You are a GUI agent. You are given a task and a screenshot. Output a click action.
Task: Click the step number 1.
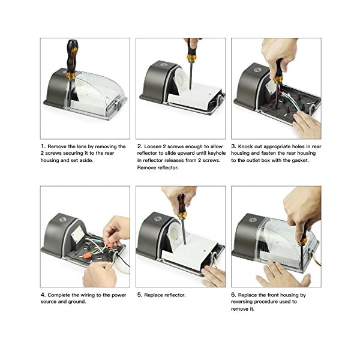tap(43, 146)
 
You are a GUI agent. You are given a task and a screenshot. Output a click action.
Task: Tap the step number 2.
tap(140, 146)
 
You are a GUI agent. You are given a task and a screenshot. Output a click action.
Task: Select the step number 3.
tap(233, 146)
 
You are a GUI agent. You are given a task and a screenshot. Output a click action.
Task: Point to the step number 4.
tap(43, 295)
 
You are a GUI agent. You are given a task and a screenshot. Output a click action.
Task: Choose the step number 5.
tap(140, 295)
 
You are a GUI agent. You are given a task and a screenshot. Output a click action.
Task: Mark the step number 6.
tap(233, 295)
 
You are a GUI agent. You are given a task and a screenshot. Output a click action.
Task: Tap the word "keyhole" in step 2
tap(217, 153)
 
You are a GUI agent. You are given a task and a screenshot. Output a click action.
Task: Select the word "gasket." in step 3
tap(301, 160)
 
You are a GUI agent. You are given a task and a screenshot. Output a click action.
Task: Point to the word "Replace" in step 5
tap(152, 295)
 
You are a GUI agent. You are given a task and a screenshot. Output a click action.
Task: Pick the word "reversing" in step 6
tap(242, 302)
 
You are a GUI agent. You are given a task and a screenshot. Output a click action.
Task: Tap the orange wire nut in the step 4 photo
tap(86, 256)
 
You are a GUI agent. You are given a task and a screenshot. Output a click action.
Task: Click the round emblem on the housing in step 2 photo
tap(163, 65)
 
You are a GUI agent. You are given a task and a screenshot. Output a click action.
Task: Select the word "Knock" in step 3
tap(245, 146)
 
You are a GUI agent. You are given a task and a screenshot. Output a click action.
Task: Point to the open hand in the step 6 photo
tap(283, 275)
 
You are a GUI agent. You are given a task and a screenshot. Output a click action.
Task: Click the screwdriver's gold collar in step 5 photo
tap(181, 215)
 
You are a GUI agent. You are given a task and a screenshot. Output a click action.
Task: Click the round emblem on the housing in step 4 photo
tap(62, 219)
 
